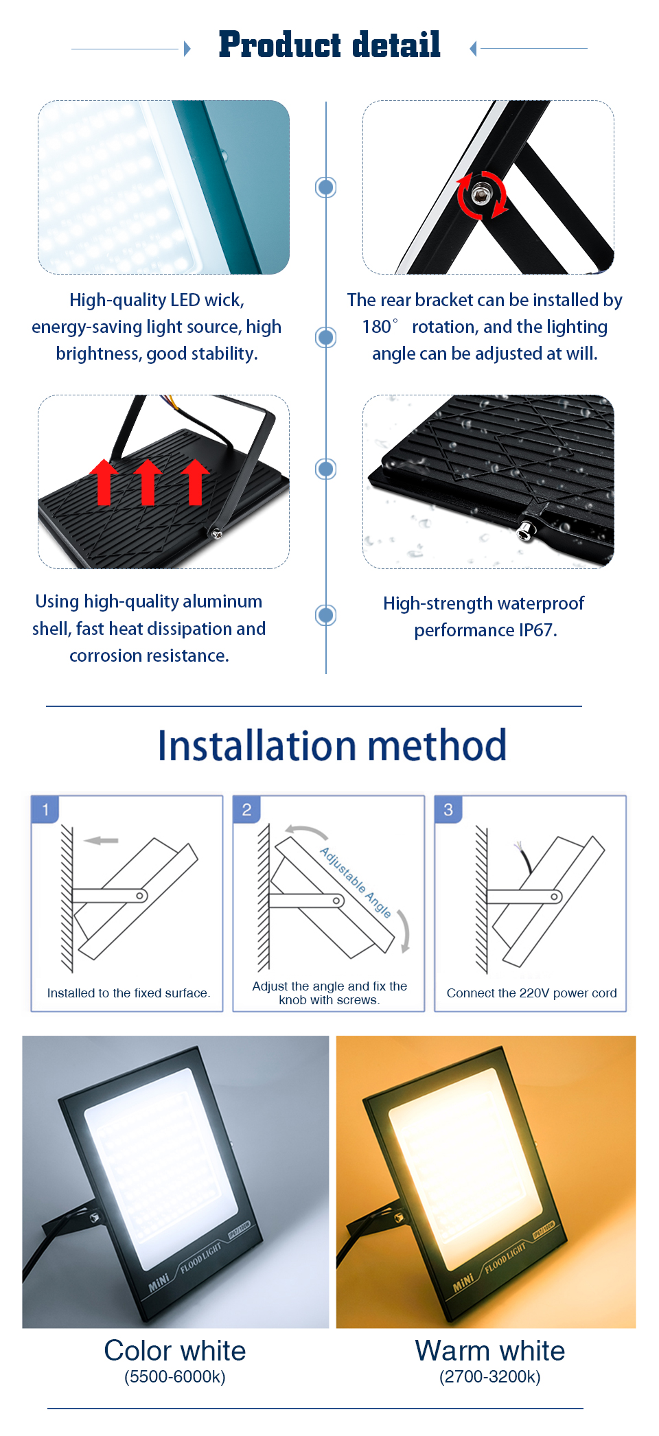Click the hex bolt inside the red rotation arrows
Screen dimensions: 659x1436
point(481,194)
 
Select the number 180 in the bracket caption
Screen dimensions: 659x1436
point(376,327)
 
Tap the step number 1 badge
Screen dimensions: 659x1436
point(45,809)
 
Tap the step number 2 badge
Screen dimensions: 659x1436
point(246,809)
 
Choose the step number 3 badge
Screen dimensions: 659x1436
point(448,809)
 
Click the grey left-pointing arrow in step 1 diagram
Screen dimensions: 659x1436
point(101,840)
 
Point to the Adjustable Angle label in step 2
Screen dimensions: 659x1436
point(356,882)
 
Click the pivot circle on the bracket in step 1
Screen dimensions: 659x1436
point(140,896)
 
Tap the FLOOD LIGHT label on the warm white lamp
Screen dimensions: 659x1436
point(505,1258)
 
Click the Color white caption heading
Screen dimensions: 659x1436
point(175,1350)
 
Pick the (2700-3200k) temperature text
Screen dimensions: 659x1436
point(490,1377)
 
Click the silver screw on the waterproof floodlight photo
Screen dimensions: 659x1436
point(524,531)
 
